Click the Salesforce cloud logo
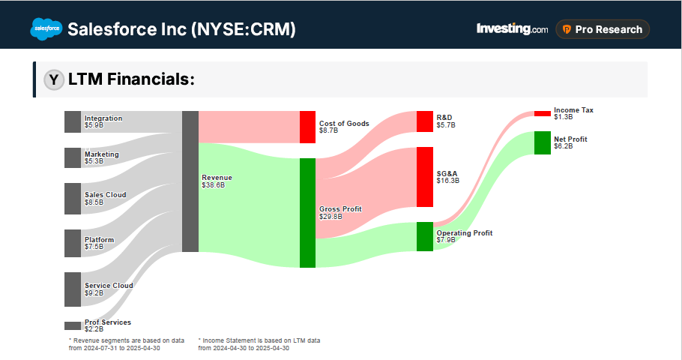(x=46, y=29)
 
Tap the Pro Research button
(x=603, y=29)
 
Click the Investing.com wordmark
(x=512, y=29)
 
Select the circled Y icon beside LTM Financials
(x=53, y=79)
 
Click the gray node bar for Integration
(x=73, y=121)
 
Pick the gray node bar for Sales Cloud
(x=73, y=198)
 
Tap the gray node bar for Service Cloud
(x=73, y=289)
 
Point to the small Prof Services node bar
(x=73, y=325)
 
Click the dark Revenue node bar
(x=190, y=181)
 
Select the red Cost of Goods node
(x=307, y=127)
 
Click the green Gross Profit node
(x=307, y=212)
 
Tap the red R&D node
(x=425, y=121)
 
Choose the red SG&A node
(x=425, y=176)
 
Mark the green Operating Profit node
(x=425, y=236)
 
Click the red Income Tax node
(x=542, y=113)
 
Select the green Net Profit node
(x=542, y=142)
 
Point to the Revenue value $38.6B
(x=214, y=184)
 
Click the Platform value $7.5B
(x=94, y=246)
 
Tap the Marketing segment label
(x=102, y=154)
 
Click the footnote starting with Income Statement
(x=259, y=343)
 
